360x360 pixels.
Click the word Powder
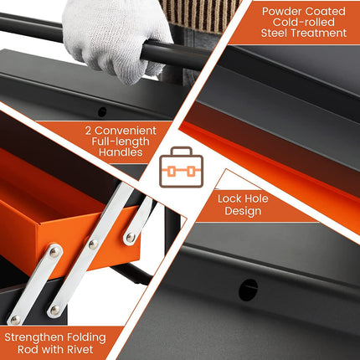281,12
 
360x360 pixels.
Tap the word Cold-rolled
304,22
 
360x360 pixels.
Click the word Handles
121,152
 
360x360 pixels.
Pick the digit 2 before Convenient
89,131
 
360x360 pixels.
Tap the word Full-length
121,141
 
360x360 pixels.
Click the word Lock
229,198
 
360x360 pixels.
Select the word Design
243,211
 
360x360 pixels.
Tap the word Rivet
80,349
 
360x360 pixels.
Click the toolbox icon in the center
181,167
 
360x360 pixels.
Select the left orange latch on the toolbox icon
172,171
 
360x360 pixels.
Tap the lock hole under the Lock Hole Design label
248,290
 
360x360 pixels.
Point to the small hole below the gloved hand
102,112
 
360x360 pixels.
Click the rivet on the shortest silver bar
130,238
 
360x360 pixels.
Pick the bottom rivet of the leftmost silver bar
15,320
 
